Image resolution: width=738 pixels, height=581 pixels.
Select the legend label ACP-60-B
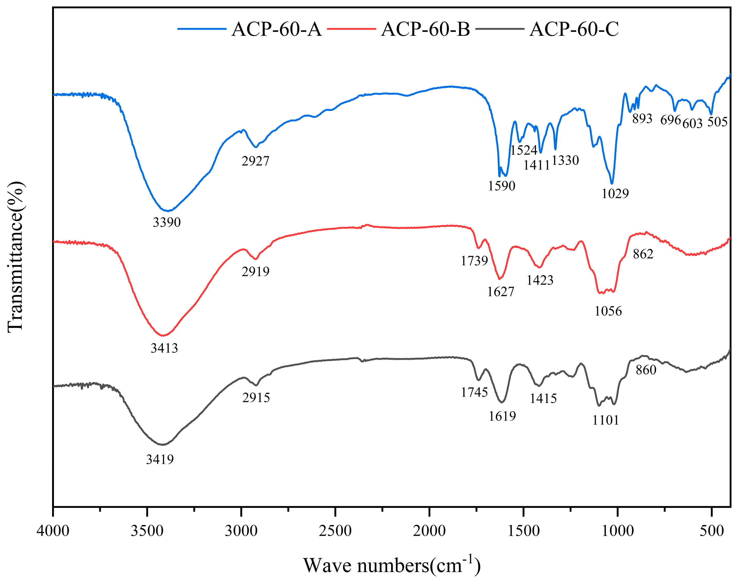click(x=425, y=29)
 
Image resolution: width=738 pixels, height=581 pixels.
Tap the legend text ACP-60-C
click(x=574, y=29)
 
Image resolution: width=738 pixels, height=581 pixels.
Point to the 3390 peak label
click(x=167, y=222)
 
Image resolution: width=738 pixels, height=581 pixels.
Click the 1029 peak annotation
click(x=615, y=194)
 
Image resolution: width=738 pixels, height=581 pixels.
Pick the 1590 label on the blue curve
click(x=502, y=186)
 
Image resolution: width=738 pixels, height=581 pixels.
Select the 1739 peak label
click(x=474, y=261)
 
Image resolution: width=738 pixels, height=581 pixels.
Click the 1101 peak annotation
click(x=605, y=421)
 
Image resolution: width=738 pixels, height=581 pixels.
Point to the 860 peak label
click(x=646, y=370)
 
